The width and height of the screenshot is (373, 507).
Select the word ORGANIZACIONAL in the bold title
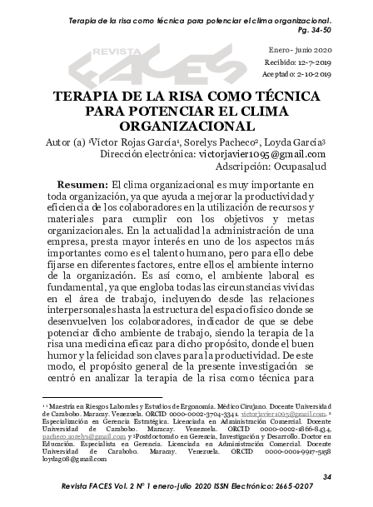(186, 126)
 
